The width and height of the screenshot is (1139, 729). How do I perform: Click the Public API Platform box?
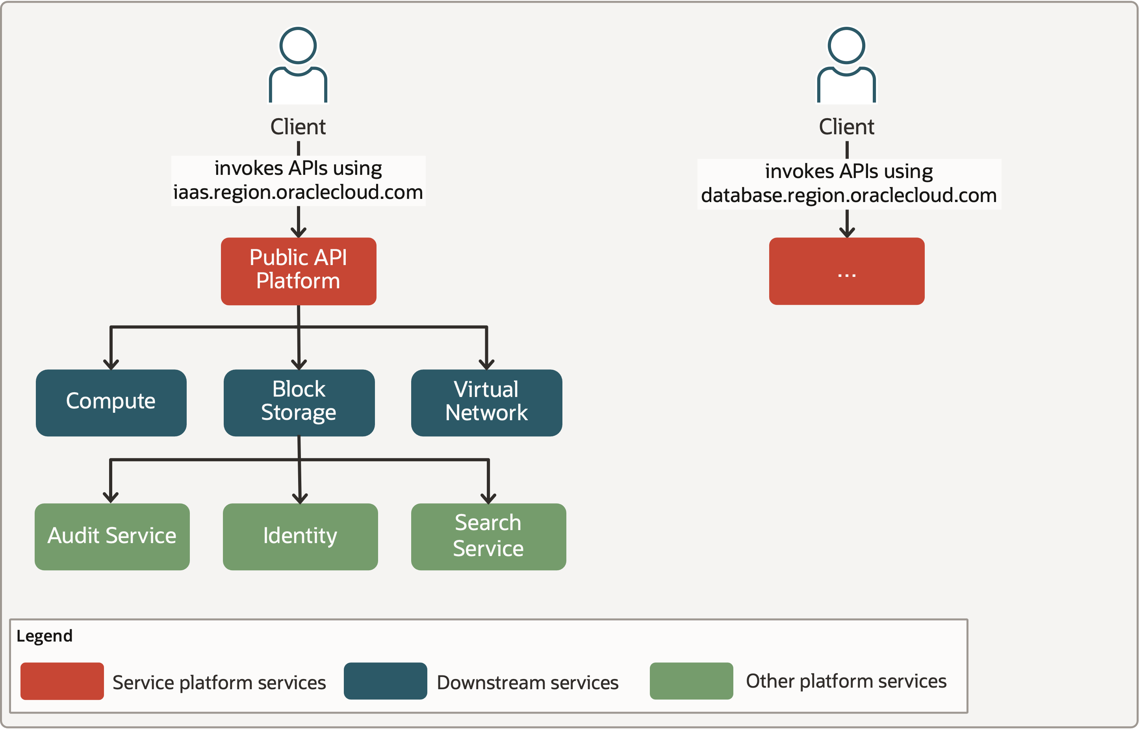click(x=298, y=271)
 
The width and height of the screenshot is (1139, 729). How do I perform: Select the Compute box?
click(x=111, y=403)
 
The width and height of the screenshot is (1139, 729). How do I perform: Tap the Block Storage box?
click(x=299, y=403)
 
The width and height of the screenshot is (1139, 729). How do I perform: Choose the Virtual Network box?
click(x=486, y=403)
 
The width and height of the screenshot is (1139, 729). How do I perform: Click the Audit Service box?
click(x=112, y=536)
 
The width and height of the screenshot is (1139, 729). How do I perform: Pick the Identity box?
click(x=300, y=536)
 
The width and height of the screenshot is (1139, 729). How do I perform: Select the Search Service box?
click(x=488, y=536)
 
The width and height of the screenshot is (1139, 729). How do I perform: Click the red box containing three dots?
click(x=846, y=271)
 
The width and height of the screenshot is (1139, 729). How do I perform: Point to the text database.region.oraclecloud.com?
click(x=848, y=195)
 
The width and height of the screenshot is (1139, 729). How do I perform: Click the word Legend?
click(x=45, y=636)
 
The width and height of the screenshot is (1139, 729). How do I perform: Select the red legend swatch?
click(x=62, y=681)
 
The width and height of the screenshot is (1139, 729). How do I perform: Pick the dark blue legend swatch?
click(x=385, y=681)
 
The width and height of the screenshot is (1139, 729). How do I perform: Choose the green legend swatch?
click(x=691, y=681)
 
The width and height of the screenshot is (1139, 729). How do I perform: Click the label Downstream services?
click(x=527, y=683)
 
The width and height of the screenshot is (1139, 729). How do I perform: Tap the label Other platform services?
click(x=846, y=681)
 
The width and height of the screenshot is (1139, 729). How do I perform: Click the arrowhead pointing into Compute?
click(x=111, y=365)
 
